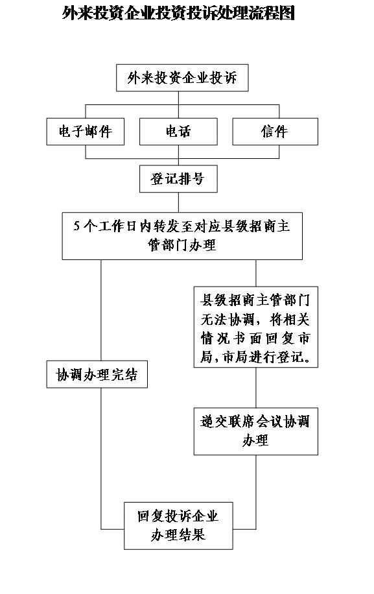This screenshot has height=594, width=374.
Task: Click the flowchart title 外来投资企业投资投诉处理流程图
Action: pos(178,13)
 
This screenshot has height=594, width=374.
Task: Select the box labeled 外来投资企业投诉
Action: pos(182,78)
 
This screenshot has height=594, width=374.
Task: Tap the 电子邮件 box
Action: pos(85,132)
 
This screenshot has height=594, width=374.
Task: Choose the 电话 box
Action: pos(178,132)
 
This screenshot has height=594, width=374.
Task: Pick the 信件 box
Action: pos(275,132)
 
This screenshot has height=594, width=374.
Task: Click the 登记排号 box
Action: pos(178,178)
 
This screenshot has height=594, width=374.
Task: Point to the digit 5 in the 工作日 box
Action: pos(77,226)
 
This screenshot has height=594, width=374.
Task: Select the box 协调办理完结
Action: pos(97,374)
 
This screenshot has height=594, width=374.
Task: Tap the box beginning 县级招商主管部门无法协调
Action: pos(256,327)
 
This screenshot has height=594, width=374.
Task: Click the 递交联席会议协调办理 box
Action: pos(256,431)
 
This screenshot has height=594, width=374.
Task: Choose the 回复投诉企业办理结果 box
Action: pos(178,526)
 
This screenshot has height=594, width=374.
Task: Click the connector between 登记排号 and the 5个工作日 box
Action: pos(178,202)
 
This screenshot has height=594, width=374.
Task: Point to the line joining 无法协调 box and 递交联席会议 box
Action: pos(256,388)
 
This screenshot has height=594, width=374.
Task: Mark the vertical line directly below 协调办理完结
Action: pos(101,458)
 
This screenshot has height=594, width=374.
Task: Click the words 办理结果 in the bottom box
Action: pos(178,535)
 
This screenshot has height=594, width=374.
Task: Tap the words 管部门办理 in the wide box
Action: pos(182,244)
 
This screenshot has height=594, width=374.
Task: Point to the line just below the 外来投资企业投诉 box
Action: pos(178,98)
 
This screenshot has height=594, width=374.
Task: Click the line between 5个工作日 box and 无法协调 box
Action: pos(256,273)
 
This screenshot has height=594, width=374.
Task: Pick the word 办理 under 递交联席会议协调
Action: pos(255,440)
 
